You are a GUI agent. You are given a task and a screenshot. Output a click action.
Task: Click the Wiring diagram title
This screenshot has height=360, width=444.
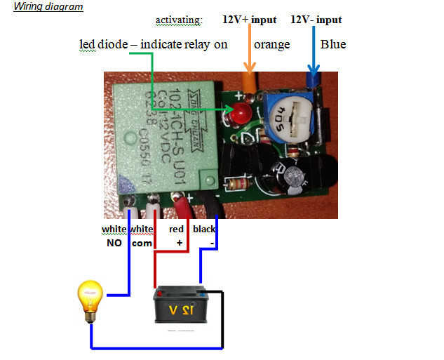tap(48, 7)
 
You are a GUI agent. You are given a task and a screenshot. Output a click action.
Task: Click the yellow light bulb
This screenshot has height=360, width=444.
tap(90, 299)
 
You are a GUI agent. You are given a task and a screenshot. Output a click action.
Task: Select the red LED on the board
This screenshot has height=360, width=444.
tap(241, 112)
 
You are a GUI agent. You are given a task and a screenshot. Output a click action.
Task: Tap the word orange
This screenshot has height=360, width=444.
tap(271, 45)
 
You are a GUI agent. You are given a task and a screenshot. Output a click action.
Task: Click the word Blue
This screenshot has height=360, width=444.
tap(332, 45)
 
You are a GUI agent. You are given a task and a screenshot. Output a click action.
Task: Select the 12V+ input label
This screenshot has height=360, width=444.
tap(249, 20)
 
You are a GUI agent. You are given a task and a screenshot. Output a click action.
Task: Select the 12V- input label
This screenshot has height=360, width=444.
tap(316, 20)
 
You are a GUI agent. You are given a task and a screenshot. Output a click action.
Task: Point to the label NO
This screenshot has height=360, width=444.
tap(112, 243)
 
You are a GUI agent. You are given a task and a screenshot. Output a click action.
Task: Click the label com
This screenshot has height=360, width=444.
tap(142, 243)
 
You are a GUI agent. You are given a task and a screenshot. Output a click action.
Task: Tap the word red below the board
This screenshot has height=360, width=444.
tap(176, 229)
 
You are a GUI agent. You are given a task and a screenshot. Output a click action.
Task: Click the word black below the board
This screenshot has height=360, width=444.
tap(204, 229)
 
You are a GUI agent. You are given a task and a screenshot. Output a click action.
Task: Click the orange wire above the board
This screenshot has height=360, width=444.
tap(248, 70)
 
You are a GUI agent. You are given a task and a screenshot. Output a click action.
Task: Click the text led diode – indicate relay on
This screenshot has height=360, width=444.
tap(154, 45)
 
